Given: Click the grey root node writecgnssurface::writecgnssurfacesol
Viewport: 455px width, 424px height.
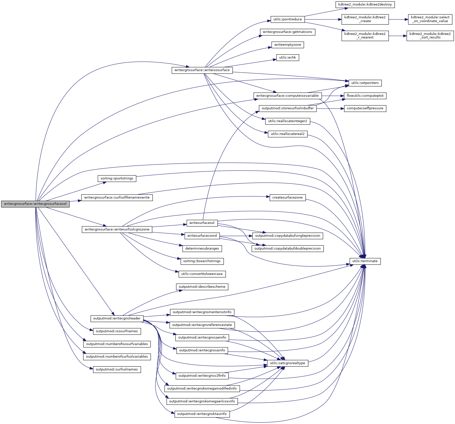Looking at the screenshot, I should (35, 204).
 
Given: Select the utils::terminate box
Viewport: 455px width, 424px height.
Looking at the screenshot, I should (365, 261).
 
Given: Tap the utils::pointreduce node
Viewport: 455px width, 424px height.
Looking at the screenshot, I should (287, 19).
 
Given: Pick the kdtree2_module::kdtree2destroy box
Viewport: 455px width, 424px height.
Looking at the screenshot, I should (365, 5).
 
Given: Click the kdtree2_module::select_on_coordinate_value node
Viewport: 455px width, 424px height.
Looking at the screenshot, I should (430, 19).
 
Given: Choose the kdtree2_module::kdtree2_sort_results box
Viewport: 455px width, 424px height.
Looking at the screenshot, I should (430, 36).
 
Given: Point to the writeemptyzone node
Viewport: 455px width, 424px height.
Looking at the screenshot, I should (287, 45).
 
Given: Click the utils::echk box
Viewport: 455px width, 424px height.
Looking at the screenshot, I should (287, 58).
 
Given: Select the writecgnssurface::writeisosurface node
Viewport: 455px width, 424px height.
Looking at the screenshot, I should (202, 70).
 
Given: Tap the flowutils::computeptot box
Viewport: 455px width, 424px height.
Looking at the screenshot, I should (365, 96).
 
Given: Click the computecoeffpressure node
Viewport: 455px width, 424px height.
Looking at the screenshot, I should (365, 108).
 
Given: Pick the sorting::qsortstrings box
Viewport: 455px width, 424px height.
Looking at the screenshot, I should (117, 178).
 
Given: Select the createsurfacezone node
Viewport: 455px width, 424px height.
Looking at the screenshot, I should (287, 198).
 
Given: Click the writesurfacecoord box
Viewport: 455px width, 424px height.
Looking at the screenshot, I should (202, 236).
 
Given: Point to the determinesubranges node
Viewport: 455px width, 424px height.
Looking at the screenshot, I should (202, 249).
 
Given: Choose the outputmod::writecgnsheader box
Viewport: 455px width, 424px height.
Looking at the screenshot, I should (117, 318).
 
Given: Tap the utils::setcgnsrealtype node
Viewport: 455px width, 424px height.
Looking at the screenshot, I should (287, 363).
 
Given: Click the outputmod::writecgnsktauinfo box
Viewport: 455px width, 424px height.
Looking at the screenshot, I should (202, 414).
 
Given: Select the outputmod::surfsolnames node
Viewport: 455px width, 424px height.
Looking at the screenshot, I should (117, 369).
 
